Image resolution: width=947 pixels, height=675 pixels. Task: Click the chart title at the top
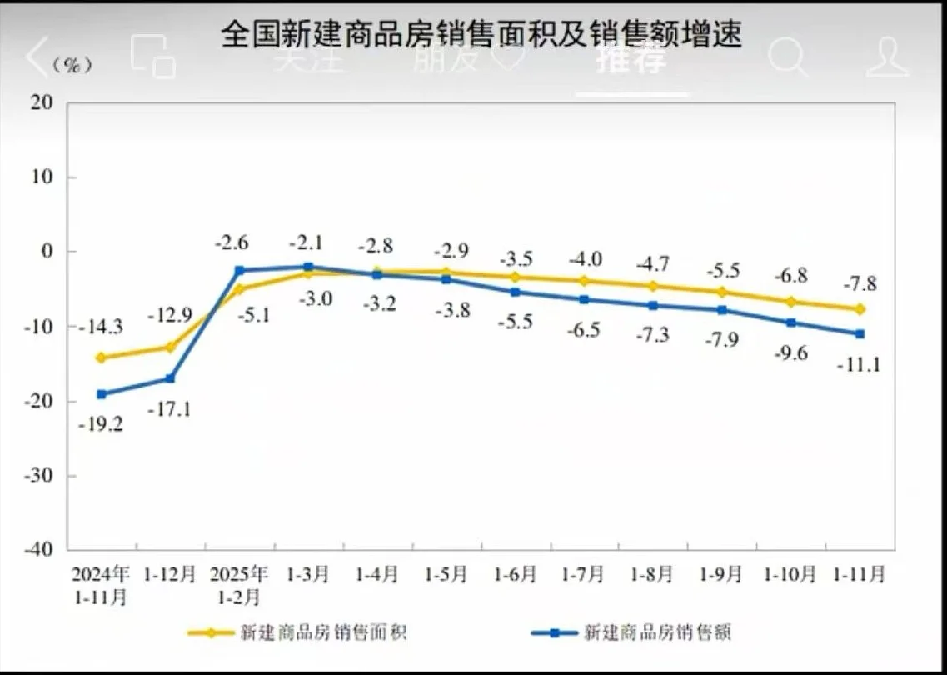click(x=481, y=34)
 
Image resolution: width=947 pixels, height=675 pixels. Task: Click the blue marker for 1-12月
click(x=170, y=378)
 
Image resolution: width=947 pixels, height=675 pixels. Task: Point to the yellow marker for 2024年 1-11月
click(x=102, y=357)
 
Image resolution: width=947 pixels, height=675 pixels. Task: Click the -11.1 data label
click(x=859, y=364)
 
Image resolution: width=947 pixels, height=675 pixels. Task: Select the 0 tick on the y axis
click(x=48, y=252)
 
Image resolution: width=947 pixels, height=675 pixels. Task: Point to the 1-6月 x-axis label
click(x=515, y=574)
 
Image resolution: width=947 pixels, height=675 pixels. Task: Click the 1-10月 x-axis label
click(x=790, y=574)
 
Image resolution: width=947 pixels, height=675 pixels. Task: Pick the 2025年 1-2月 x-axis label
click(x=239, y=585)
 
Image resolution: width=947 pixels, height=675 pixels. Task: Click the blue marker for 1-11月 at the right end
click(x=860, y=334)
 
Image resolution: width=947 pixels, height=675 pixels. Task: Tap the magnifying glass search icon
click(x=786, y=57)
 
